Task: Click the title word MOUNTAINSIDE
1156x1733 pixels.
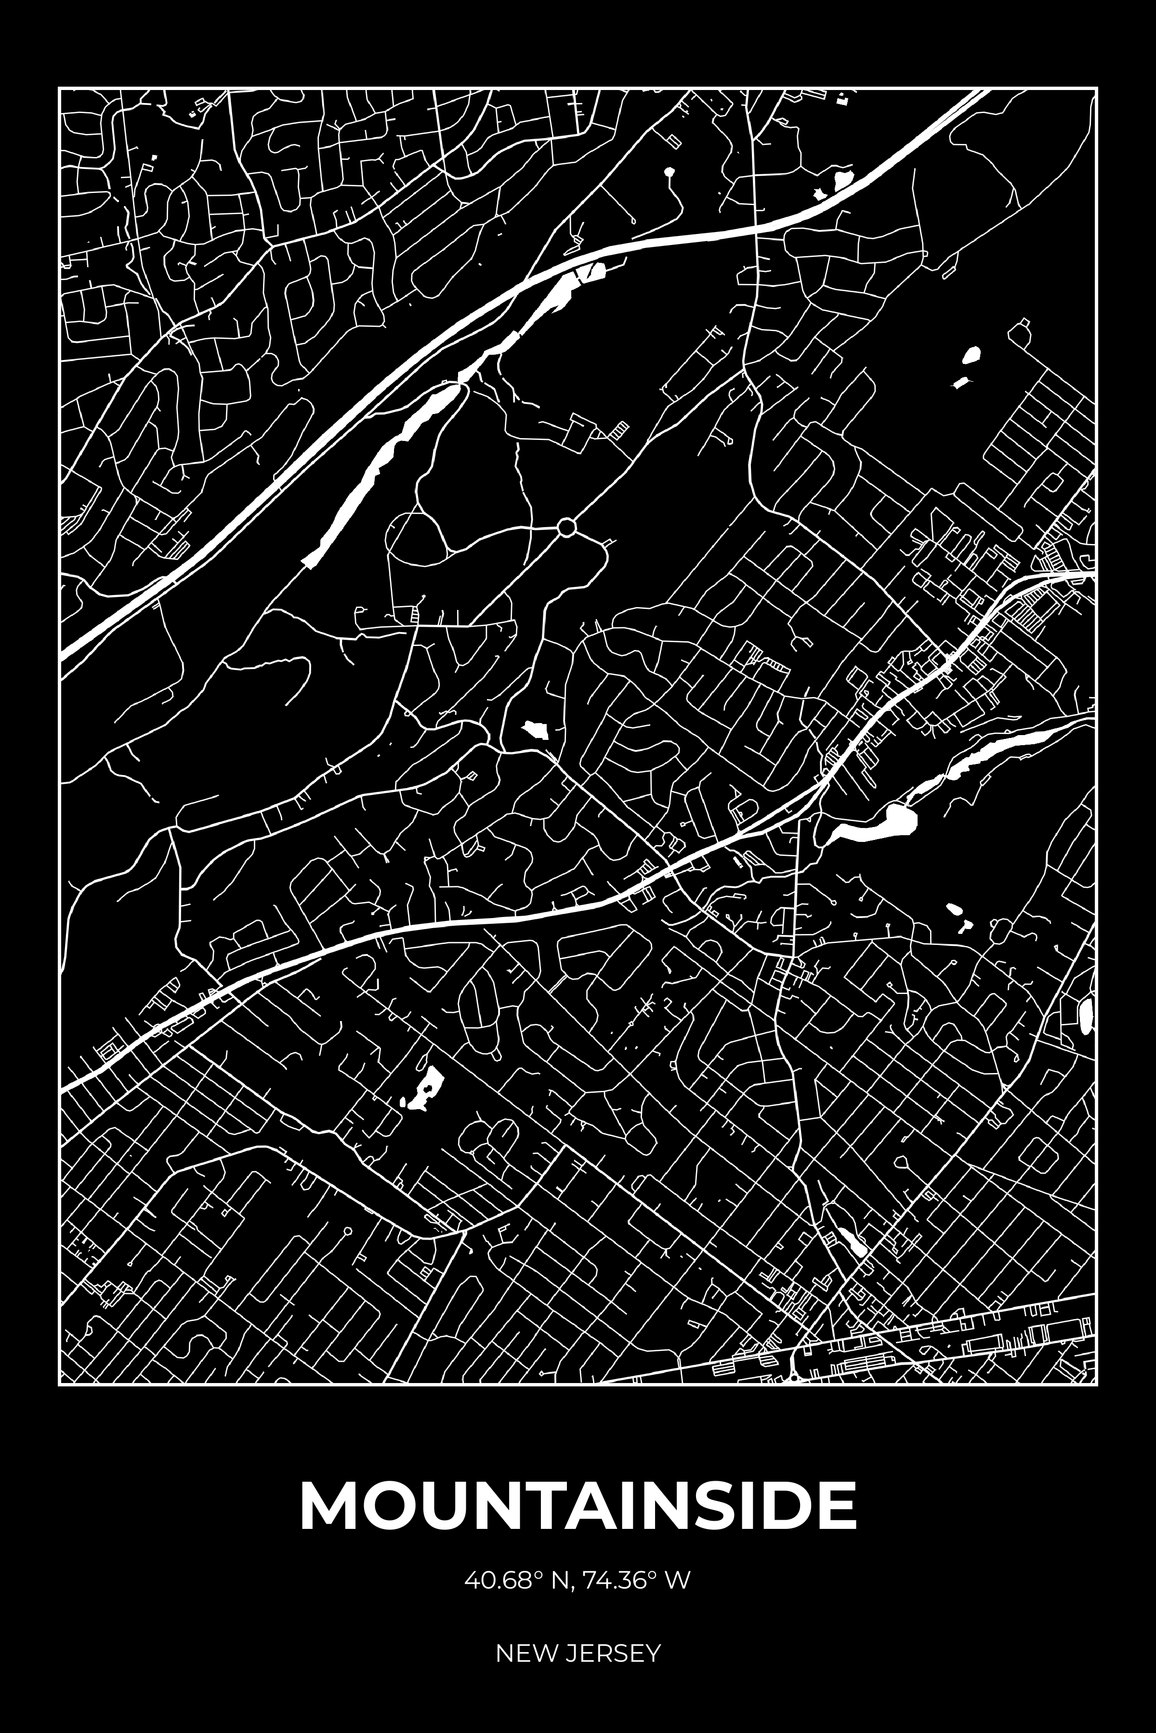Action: click(578, 1502)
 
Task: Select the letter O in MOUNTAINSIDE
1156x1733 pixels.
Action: click(382, 1502)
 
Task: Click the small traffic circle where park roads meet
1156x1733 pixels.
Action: click(566, 528)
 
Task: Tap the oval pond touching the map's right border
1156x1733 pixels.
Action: click(1087, 1016)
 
